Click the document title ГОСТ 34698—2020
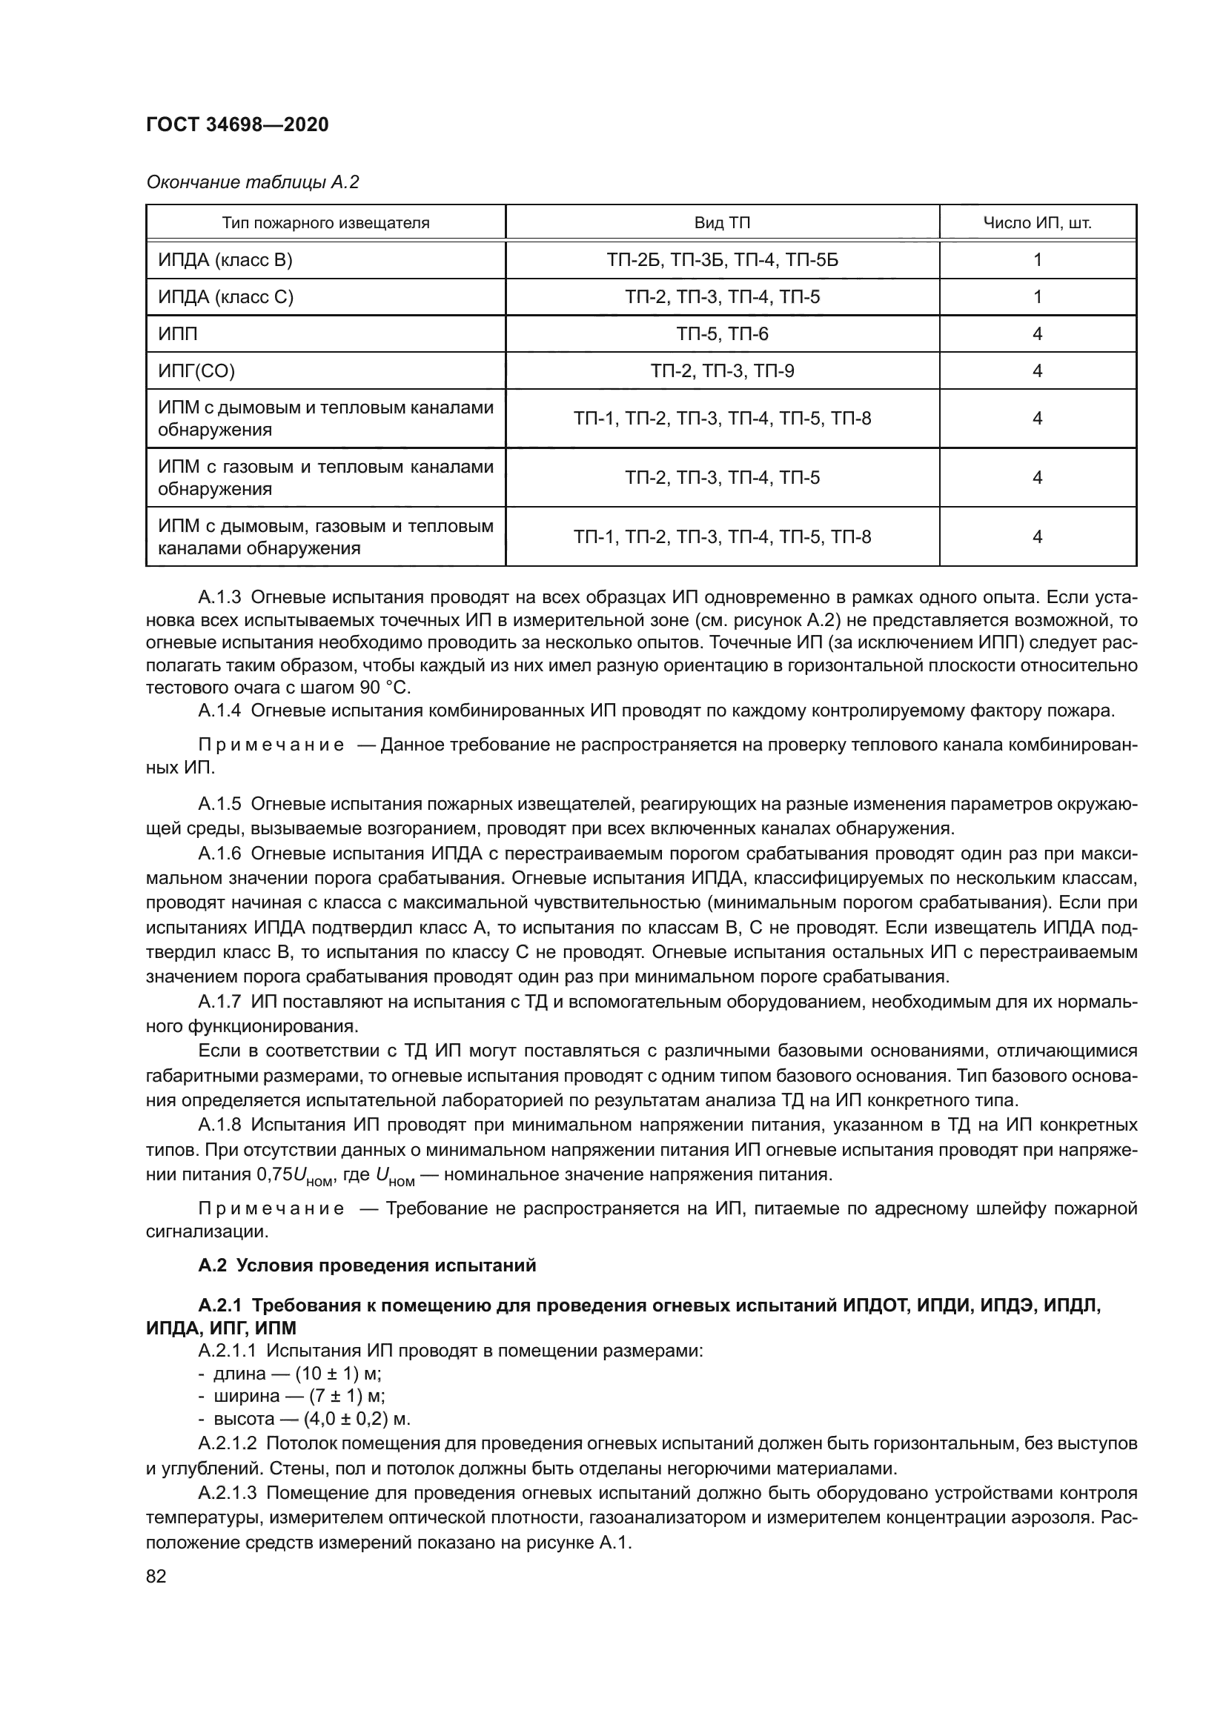click(x=237, y=125)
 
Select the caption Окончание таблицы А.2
click(x=252, y=182)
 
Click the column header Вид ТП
click(x=722, y=223)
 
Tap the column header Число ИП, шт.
click(x=1036, y=223)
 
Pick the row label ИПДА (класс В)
click(x=225, y=259)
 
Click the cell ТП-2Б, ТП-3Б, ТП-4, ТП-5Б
click(x=722, y=259)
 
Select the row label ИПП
click(x=177, y=333)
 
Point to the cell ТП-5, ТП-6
click(x=722, y=333)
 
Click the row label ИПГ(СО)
click(x=196, y=370)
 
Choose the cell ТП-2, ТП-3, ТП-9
click(x=722, y=370)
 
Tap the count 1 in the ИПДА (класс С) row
click(x=1037, y=296)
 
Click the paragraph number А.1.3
click(x=219, y=598)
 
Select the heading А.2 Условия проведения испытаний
click(x=367, y=1265)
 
